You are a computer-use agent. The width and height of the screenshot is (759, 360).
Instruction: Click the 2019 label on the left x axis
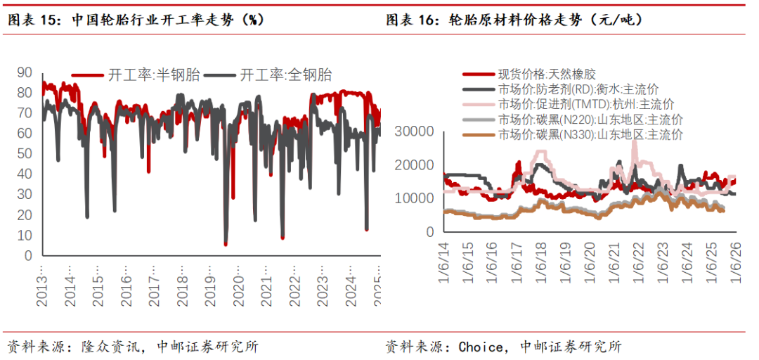tap(210, 285)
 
